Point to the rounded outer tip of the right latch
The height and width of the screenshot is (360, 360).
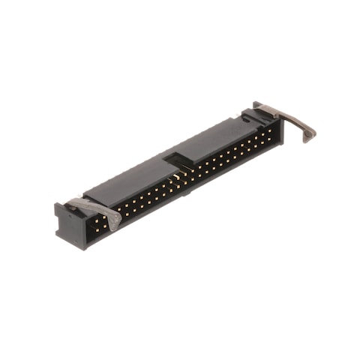point(310,135)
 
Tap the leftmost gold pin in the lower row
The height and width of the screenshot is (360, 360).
point(96,224)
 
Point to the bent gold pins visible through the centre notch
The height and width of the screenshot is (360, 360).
point(178,174)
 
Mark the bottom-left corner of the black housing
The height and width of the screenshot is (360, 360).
point(79,248)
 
